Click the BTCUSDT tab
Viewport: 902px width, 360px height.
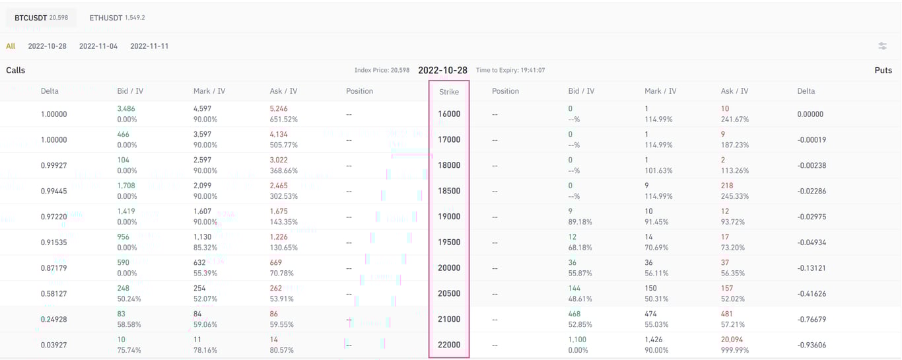click(x=40, y=18)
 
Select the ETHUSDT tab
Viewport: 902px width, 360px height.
click(x=117, y=18)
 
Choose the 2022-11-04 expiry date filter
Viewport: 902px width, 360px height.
click(x=98, y=46)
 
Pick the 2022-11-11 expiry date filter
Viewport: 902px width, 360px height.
click(x=149, y=46)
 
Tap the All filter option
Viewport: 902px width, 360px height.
click(x=11, y=46)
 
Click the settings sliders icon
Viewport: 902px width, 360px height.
click(x=882, y=46)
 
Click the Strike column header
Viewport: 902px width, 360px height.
click(x=449, y=92)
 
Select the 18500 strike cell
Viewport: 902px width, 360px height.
click(x=449, y=191)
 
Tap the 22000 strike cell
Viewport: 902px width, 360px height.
click(x=449, y=345)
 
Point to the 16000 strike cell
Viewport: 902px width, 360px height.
click(x=449, y=114)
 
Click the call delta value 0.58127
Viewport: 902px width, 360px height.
click(x=53, y=294)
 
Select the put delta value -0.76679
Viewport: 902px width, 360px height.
click(x=812, y=320)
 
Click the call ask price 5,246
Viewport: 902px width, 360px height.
click(x=279, y=108)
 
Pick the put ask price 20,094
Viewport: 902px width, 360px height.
click(x=734, y=340)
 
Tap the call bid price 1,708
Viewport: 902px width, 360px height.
click(x=126, y=186)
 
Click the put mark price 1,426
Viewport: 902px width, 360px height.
click(x=654, y=340)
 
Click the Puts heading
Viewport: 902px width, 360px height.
click(x=883, y=70)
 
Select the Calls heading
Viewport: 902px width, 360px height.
click(x=16, y=70)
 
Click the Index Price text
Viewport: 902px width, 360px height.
click(x=382, y=70)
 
